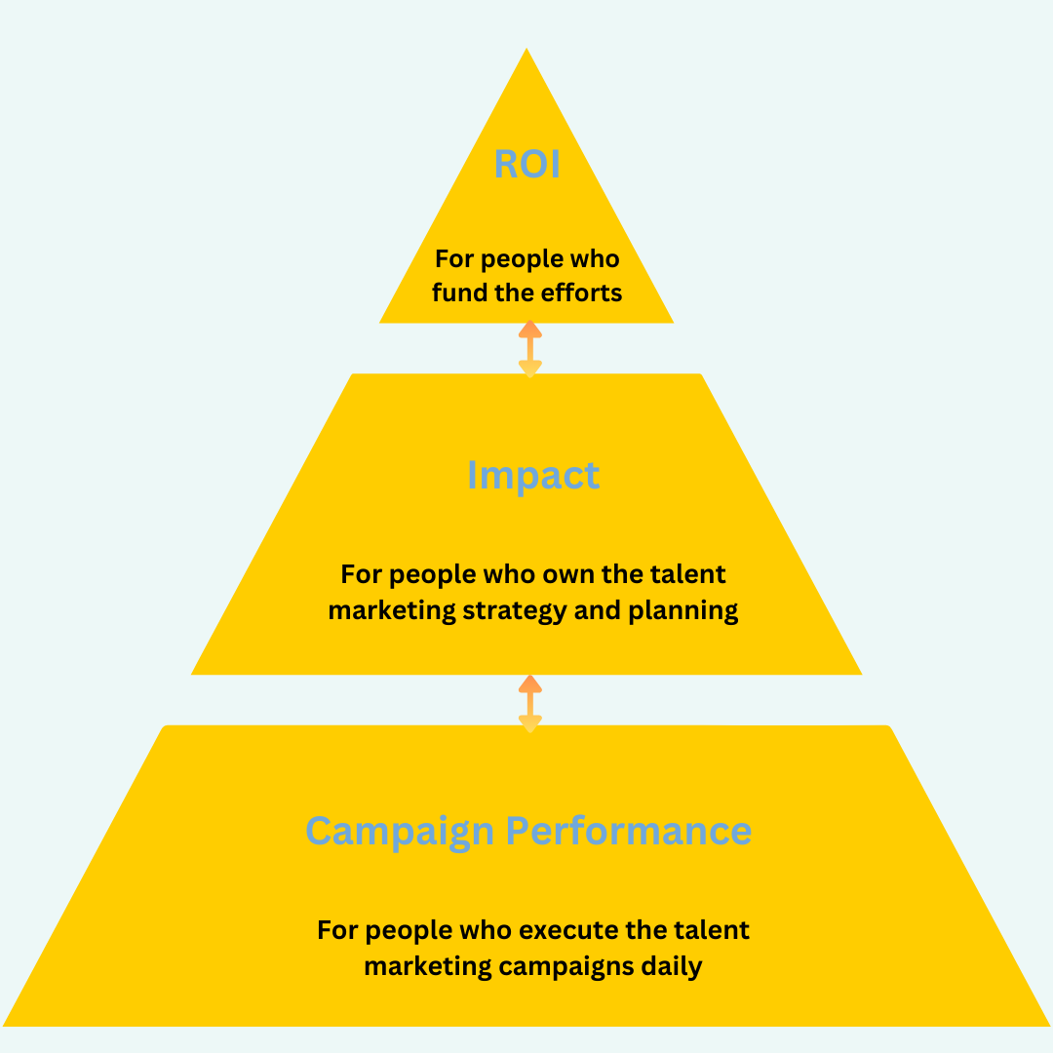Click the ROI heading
coord(527,164)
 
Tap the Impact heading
coord(532,475)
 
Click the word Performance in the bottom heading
coord(628,832)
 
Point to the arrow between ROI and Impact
coord(529,348)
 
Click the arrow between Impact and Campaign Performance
coord(529,702)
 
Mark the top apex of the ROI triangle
coord(526,51)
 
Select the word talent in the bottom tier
coord(714,929)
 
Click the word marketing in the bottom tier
coord(427,966)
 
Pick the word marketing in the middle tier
coord(391,611)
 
